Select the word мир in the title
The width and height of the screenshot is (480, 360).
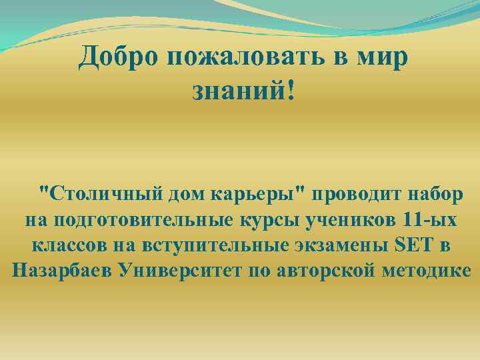click(x=379, y=59)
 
